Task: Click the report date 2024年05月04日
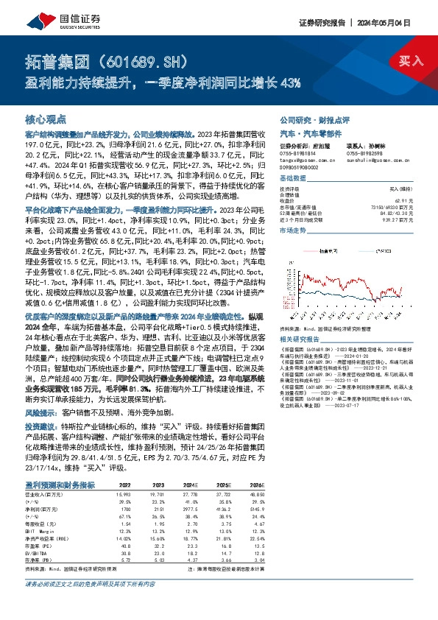coord(400,22)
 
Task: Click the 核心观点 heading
coord(45,118)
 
